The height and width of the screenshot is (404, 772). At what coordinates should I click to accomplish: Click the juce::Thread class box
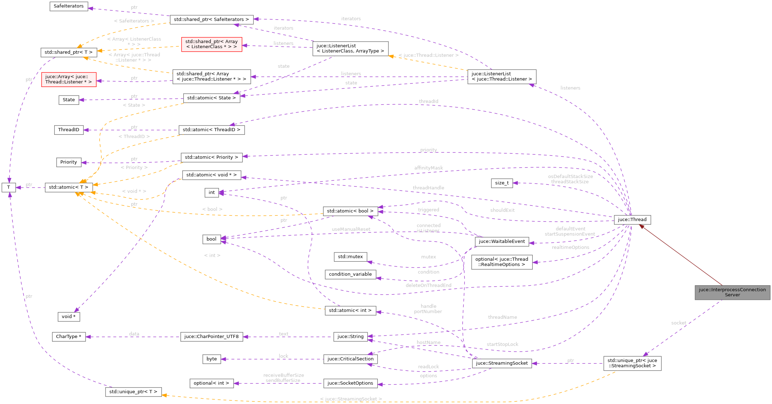[632, 220]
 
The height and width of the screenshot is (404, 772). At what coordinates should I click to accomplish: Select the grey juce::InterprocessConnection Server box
[732, 292]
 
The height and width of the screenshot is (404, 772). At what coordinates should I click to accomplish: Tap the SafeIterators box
[68, 6]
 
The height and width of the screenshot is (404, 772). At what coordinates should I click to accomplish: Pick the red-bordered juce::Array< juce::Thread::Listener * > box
[68, 79]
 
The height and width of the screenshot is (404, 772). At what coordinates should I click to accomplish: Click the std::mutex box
[350, 257]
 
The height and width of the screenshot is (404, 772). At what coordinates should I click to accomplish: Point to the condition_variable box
[350, 274]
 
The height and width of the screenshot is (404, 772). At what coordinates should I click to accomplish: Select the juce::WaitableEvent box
[502, 241]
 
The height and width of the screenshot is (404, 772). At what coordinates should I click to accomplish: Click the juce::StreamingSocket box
[502, 363]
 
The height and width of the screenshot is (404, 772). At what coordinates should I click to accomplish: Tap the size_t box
[502, 183]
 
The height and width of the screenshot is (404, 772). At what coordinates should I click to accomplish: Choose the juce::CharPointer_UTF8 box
[211, 337]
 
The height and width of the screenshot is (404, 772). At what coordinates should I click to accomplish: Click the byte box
[211, 359]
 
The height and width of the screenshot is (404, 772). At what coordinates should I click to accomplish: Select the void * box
[68, 317]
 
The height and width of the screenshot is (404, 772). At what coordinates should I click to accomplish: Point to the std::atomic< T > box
[68, 187]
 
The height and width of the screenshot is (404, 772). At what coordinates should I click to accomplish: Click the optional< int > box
[211, 383]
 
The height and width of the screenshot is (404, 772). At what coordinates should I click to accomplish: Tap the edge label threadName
[502, 317]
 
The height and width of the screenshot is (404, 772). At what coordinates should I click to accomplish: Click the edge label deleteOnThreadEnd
[428, 285]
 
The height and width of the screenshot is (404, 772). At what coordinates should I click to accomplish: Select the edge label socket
[678, 323]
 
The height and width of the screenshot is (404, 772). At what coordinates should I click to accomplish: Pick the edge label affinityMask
[428, 168]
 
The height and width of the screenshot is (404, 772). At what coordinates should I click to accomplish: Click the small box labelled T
[9, 187]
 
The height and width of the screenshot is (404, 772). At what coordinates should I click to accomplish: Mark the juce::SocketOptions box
[350, 383]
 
